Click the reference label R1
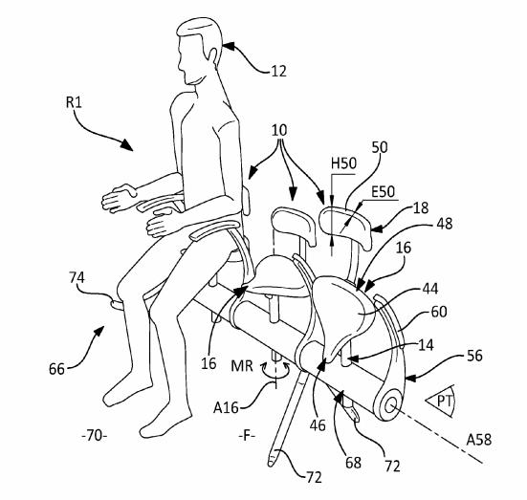pos(74,102)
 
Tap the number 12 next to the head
pos(279,72)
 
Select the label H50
pos(343,163)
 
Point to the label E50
pos(383,192)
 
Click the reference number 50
pos(380,147)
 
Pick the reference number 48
pos(445,224)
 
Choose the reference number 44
pos(430,289)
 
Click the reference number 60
pos(439,312)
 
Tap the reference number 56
pos(474,356)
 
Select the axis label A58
pos(479,440)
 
